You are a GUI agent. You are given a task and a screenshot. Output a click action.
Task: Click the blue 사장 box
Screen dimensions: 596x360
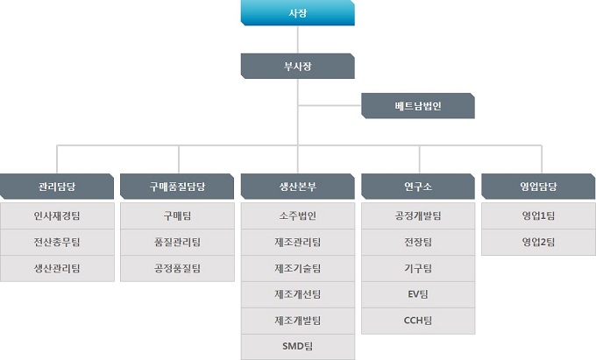pos(298,13)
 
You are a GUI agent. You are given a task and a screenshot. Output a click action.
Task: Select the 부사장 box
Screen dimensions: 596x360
pos(298,66)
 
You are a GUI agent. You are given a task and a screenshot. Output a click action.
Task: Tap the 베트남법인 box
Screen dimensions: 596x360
pos(418,106)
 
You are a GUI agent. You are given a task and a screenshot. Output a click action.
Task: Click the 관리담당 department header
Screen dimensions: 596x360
pos(57,187)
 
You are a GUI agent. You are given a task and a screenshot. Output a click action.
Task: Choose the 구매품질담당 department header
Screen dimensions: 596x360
pos(177,187)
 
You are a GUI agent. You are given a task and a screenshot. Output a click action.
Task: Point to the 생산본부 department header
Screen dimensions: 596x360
pos(298,187)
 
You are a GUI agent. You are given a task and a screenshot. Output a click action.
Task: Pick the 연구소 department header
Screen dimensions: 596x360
pos(418,187)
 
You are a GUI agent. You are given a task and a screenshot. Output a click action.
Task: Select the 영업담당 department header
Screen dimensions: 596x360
pos(538,187)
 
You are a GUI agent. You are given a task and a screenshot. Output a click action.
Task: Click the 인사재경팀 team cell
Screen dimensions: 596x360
pos(57,215)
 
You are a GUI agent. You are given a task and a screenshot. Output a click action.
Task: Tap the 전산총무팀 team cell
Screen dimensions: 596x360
pos(57,242)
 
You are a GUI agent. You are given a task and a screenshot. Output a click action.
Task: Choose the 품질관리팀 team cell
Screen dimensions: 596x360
pos(177,242)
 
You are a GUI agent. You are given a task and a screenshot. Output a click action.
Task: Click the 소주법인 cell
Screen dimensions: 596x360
pos(298,215)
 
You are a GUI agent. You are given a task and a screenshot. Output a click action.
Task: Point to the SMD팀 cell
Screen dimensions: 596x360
pos(298,347)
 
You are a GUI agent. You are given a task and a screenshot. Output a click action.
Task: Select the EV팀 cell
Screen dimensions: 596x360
pos(418,294)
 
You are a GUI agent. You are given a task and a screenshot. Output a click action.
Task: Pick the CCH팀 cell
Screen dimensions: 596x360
pos(418,321)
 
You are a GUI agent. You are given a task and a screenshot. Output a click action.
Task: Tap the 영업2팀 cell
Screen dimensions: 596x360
pos(538,242)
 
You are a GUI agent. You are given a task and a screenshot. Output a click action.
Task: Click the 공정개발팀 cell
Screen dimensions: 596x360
pos(418,215)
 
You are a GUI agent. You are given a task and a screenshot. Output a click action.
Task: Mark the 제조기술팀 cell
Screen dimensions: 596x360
pos(298,268)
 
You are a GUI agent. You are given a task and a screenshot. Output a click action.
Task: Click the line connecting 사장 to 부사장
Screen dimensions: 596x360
pos(298,39)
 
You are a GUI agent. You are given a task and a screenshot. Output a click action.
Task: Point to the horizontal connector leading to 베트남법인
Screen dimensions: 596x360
pos(330,106)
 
